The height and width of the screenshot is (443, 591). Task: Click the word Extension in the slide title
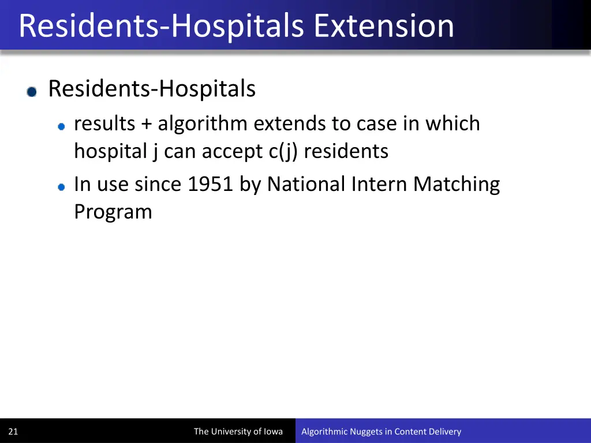pyautogui.click(x=384, y=27)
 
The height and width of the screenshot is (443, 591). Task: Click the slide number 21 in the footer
pyautogui.click(x=13, y=431)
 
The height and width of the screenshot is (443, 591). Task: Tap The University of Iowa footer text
pyautogui.click(x=238, y=431)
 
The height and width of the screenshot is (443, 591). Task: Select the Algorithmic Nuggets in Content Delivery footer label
pyautogui.click(x=381, y=431)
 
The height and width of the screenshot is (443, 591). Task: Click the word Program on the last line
pyautogui.click(x=113, y=212)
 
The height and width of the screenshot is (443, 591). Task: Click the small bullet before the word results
pyautogui.click(x=61, y=126)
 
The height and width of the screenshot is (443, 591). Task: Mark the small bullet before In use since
pyautogui.click(x=61, y=186)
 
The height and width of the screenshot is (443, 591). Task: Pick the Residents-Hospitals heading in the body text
pyautogui.click(x=152, y=89)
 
